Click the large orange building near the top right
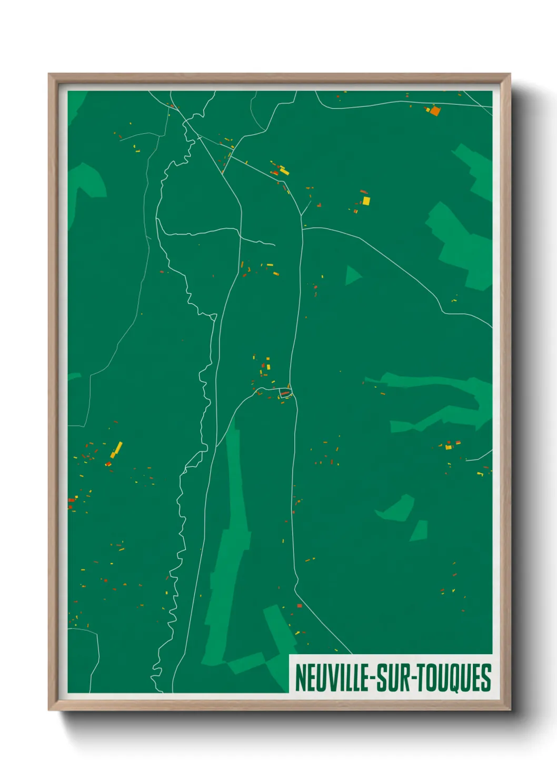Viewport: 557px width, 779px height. [x=435, y=111]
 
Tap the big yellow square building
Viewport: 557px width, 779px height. [x=366, y=201]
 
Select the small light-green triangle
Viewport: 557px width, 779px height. [x=352, y=275]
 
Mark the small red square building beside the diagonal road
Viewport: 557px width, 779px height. [x=300, y=606]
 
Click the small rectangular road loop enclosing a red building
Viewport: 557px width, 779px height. [x=285, y=393]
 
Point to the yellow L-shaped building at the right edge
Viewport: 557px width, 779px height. [x=480, y=474]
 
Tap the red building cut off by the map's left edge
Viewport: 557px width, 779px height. [x=70, y=500]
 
